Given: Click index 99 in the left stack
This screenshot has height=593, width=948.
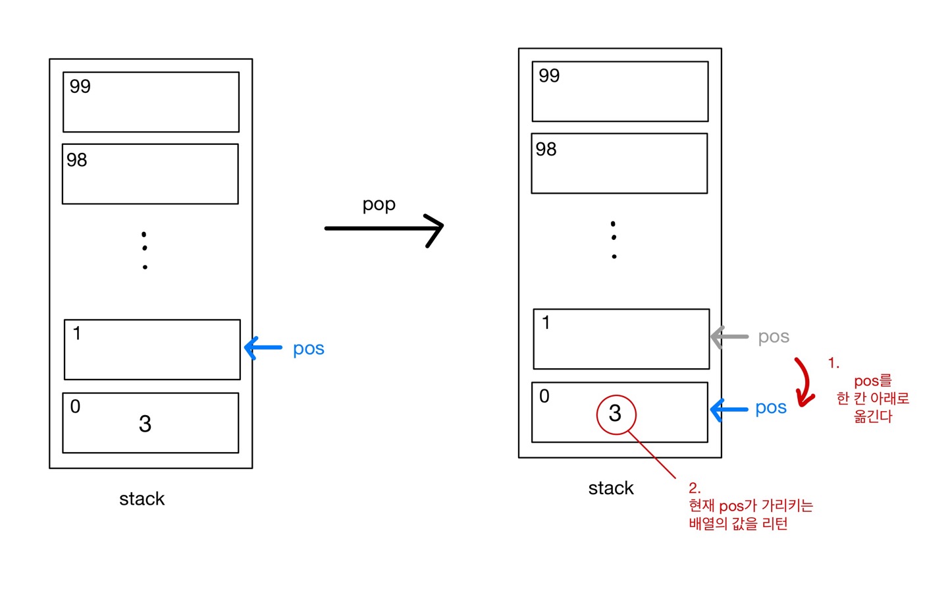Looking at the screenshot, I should (80, 86).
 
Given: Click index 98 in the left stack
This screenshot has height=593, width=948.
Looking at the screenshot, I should (76, 160).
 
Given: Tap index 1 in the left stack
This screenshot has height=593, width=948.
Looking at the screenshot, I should (77, 333).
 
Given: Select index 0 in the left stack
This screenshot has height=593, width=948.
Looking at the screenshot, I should (75, 407).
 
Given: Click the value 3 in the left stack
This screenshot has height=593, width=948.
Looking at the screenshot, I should (145, 424).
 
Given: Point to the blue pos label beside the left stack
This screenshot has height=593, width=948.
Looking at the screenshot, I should (308, 349).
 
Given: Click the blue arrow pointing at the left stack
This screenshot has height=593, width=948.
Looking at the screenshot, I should (263, 347).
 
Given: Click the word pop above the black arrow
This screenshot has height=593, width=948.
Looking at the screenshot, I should (379, 204).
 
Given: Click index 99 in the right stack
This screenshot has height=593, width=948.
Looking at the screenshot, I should (549, 76).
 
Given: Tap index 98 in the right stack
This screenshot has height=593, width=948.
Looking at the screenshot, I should (546, 150).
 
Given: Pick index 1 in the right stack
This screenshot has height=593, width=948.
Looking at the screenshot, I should (546, 323).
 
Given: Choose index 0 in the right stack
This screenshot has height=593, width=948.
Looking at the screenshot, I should (544, 396).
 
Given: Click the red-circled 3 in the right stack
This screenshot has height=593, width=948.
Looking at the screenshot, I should (616, 414).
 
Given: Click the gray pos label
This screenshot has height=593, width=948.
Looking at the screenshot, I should (774, 337).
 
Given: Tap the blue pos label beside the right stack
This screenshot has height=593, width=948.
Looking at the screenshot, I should (771, 409).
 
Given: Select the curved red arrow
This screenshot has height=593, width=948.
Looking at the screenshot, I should (804, 382).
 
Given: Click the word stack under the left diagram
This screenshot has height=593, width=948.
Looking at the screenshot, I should (142, 499).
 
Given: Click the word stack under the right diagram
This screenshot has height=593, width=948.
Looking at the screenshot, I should (611, 488).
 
